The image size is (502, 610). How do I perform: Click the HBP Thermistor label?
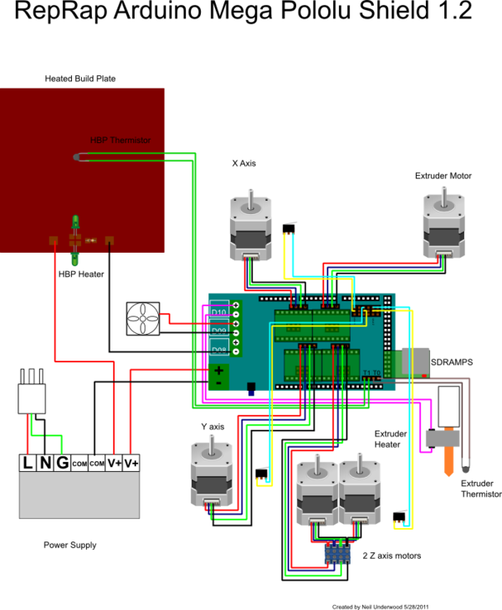pyautogui.click(x=120, y=141)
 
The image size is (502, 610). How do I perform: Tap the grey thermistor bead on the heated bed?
pyautogui.click(x=76, y=156)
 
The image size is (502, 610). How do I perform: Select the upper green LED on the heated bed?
pyautogui.click(x=75, y=223)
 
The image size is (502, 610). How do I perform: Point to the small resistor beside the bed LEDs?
pyautogui.click(x=90, y=240)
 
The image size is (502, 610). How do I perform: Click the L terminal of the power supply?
pyautogui.click(x=28, y=463)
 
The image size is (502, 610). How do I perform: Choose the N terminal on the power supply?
pyautogui.click(x=45, y=463)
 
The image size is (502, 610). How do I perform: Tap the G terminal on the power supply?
pyautogui.click(x=62, y=463)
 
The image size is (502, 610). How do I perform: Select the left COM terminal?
pyautogui.click(x=79, y=463)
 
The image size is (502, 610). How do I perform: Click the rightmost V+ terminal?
pyautogui.click(x=131, y=463)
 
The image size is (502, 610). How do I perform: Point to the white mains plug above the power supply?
pyautogui.click(x=32, y=393)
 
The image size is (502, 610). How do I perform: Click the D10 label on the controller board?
pyautogui.click(x=218, y=312)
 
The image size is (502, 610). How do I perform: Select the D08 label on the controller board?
pyautogui.click(x=218, y=349)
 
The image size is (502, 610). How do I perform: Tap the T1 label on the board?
pyautogui.click(x=366, y=373)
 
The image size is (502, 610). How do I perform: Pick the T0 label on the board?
pyautogui.click(x=376, y=373)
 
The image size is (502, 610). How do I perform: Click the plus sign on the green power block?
pyautogui.click(x=218, y=369)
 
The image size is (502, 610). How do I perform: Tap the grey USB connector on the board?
pyautogui.click(x=415, y=361)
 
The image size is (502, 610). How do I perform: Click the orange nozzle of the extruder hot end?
pyautogui.click(x=449, y=461)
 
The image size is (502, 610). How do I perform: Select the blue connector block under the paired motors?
pyautogui.click(x=337, y=554)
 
